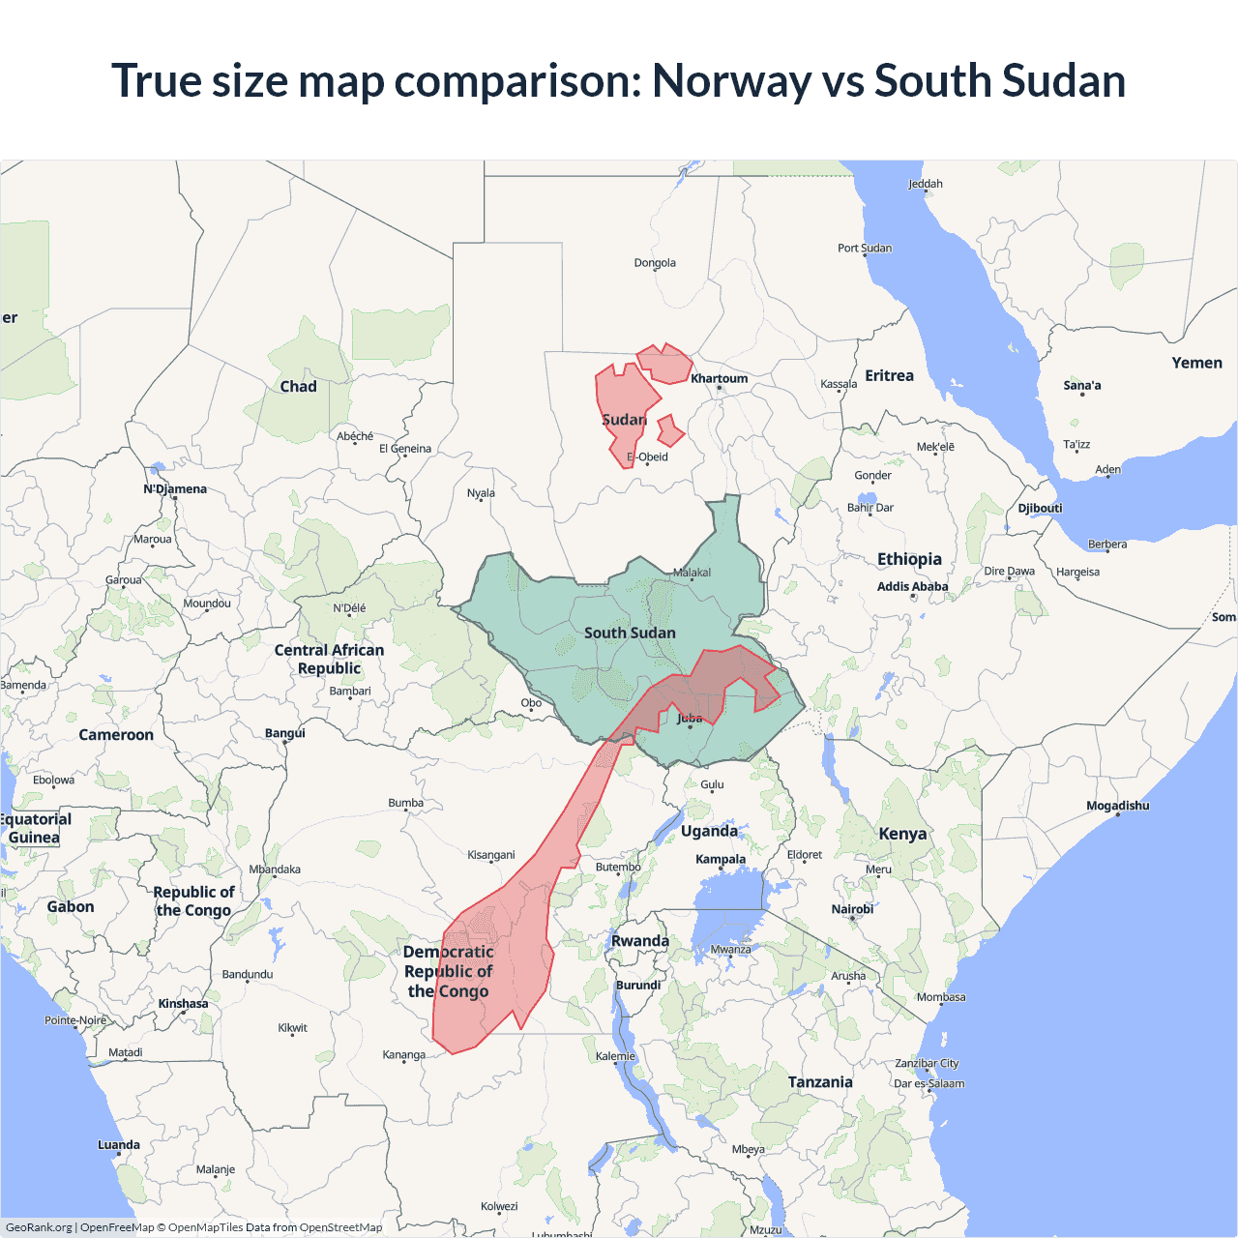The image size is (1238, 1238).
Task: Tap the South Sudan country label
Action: (630, 633)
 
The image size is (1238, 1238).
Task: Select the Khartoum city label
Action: (719, 378)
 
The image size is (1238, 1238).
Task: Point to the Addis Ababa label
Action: (912, 586)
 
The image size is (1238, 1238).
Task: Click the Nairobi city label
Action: (852, 909)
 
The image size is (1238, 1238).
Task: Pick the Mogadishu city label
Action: (1117, 806)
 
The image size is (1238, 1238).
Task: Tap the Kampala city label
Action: (721, 859)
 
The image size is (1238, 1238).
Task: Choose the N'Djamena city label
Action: (175, 488)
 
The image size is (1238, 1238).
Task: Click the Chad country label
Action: (298, 386)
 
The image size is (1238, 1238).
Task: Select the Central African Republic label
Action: (329, 659)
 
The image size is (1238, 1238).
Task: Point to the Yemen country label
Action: (1196, 363)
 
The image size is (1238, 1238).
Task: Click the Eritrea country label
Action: (889, 375)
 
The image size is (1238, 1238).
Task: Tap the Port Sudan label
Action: (865, 248)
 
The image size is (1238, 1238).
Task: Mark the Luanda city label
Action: (119, 1145)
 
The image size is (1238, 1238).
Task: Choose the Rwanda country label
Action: (639, 941)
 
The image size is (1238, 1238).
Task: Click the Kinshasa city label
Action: (183, 1003)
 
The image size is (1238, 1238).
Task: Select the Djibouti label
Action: (1040, 508)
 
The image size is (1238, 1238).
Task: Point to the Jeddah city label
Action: (925, 184)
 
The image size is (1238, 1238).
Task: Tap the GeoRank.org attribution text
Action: (39, 1227)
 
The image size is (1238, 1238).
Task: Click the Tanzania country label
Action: (820, 1082)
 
